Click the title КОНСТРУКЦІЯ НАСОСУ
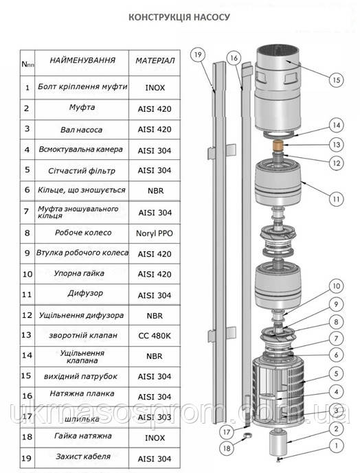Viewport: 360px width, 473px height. pyautogui.click(x=179, y=17)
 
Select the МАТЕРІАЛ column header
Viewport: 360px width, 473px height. pyautogui.click(x=155, y=60)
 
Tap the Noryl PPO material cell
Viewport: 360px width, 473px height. pyautogui.click(x=155, y=233)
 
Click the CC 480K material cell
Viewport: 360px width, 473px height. pyautogui.click(x=155, y=336)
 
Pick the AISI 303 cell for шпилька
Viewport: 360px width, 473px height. pyautogui.click(x=155, y=417)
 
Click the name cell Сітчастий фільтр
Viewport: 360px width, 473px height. pyautogui.click(x=82, y=171)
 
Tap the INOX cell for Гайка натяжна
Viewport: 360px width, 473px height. pyautogui.click(x=155, y=438)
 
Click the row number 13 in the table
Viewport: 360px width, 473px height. pyautogui.click(x=26, y=335)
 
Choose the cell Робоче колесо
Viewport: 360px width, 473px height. pyautogui.click(x=83, y=233)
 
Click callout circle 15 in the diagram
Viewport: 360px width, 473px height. pyautogui.click(x=337, y=80)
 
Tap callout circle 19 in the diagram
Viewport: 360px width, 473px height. pyautogui.click(x=198, y=55)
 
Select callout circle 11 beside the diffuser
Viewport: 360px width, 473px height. pyautogui.click(x=337, y=199)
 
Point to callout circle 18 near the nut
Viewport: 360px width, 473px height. pyautogui.click(x=227, y=448)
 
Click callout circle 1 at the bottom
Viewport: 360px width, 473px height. pyautogui.click(x=337, y=446)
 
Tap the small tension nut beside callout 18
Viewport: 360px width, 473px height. pyautogui.click(x=247, y=435)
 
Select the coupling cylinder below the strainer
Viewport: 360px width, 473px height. pyautogui.click(x=278, y=443)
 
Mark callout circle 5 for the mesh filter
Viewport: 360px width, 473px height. pyautogui.click(x=337, y=374)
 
